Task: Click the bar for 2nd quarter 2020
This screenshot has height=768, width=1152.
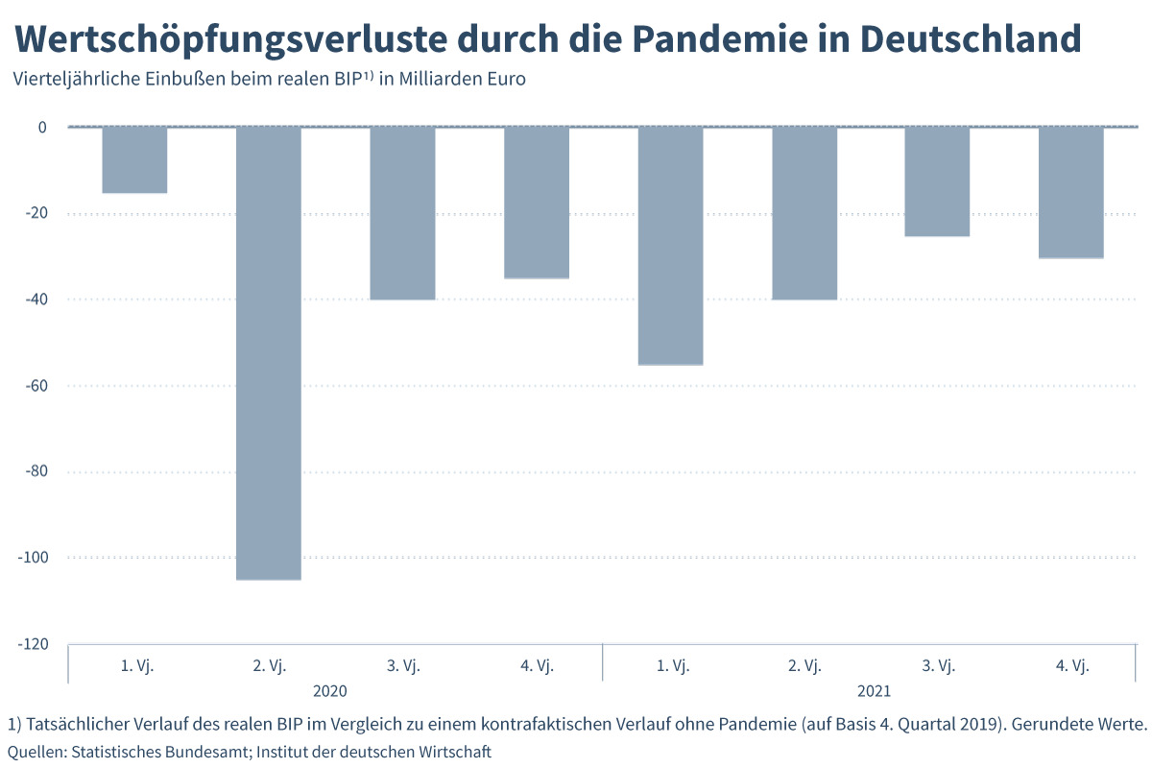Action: (x=269, y=353)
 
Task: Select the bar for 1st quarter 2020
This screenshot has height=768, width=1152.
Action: (x=134, y=160)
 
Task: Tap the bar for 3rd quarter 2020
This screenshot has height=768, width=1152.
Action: (x=402, y=213)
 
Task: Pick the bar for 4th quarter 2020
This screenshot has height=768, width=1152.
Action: (x=537, y=203)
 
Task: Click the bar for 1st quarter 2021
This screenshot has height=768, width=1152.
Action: (x=670, y=246)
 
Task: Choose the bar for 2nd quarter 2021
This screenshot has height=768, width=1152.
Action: (x=804, y=213)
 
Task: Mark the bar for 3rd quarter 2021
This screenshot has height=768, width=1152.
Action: (x=937, y=181)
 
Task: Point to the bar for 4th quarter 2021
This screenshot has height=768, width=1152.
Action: (x=1071, y=192)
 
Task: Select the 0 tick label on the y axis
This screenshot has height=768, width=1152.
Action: (x=41, y=128)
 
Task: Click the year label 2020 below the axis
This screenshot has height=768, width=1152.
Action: (x=330, y=690)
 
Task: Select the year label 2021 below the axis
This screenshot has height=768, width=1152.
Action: (x=875, y=690)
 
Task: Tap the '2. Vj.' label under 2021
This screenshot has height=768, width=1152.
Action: (x=804, y=665)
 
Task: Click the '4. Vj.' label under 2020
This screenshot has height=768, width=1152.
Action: (x=537, y=665)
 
